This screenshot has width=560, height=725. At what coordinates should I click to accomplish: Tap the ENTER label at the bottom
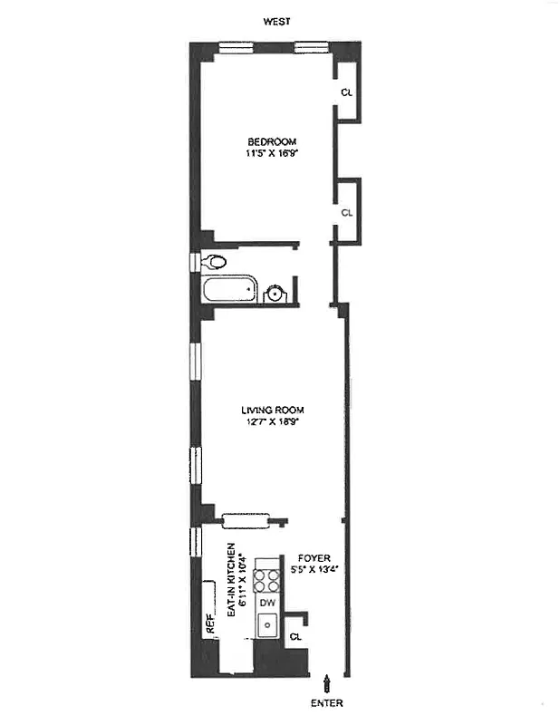tap(328, 702)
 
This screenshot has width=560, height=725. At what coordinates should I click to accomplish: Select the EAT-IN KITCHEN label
tap(232, 581)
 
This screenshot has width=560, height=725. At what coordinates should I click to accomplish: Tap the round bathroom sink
tap(275, 293)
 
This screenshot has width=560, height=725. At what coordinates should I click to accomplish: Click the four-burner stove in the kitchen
tap(267, 579)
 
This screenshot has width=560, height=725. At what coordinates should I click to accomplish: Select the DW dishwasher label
tap(267, 603)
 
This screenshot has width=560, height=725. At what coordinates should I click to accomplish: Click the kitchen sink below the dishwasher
tap(267, 624)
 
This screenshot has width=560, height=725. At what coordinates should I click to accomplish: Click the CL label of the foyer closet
tap(294, 637)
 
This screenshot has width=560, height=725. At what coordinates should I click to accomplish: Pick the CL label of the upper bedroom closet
tap(346, 92)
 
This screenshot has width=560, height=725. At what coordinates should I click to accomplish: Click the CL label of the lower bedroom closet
tap(346, 212)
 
